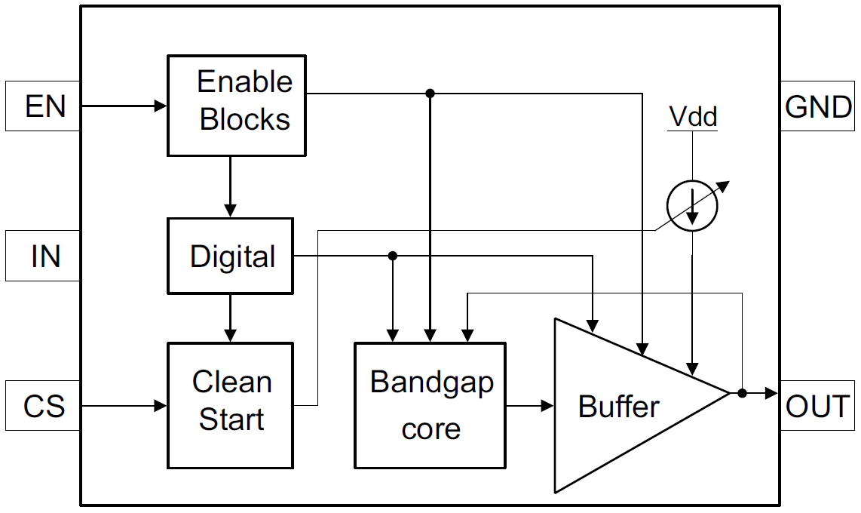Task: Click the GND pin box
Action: coord(818,106)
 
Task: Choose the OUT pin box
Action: coord(818,407)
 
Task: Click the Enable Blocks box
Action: coord(237,106)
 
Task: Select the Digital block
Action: coord(230,256)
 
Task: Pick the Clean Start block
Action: coord(230,406)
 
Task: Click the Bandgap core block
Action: coord(430,406)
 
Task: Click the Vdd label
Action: coord(693,117)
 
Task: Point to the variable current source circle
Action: coord(692,206)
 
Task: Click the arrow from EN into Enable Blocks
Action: coord(124,106)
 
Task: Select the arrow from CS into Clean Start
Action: coord(124,407)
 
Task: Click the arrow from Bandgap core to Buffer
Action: coord(530,406)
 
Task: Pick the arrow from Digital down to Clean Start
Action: coord(231,318)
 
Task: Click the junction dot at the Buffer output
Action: coord(742,393)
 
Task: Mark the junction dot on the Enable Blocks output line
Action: coord(430,94)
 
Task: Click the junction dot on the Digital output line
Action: coord(392,256)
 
